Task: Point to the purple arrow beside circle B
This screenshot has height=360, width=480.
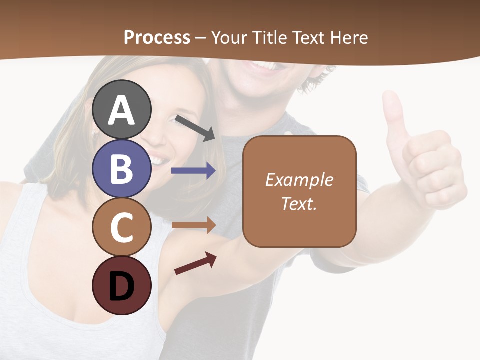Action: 193,171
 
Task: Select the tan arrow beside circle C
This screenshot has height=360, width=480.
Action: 193,225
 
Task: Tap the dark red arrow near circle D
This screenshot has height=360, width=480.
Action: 195,263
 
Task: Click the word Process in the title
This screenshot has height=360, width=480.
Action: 157,37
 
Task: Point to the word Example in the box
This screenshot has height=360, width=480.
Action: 299,180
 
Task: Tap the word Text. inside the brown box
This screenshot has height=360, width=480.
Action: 299,204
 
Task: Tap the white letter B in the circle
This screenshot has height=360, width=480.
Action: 122,169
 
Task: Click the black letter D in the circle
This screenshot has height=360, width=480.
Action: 122,286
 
